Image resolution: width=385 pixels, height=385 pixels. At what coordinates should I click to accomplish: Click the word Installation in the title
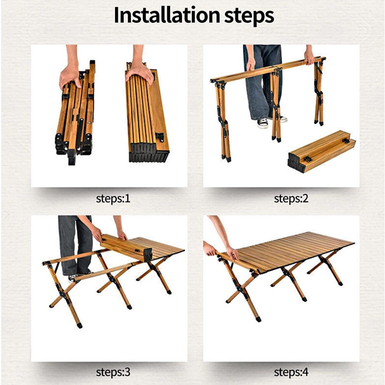point(167,15)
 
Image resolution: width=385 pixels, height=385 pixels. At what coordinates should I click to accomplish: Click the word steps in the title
point(249,17)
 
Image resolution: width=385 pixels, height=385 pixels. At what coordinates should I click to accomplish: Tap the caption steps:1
point(113,198)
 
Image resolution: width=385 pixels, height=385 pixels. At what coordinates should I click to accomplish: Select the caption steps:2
point(291,198)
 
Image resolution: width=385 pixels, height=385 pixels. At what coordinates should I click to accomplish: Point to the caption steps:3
point(113,372)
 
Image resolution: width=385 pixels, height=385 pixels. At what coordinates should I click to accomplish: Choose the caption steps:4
point(291,372)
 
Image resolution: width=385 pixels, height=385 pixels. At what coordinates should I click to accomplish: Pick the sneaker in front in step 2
point(262,123)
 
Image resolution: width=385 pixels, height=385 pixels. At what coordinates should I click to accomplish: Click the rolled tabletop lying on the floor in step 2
point(322,151)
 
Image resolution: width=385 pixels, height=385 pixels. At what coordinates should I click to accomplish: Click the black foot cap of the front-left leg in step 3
point(80,325)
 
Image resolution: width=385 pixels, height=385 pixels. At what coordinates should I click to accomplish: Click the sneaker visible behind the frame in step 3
point(73,277)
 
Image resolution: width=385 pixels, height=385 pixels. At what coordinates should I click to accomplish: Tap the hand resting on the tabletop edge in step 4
point(232,254)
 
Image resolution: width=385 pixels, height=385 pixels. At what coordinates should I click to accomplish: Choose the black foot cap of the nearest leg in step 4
point(258,319)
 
